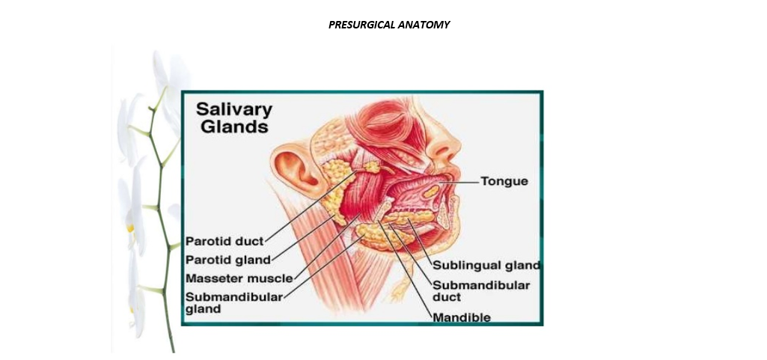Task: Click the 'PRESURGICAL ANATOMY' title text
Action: (x=389, y=25)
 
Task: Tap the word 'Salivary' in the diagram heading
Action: (x=234, y=109)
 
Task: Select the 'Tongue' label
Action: (x=504, y=181)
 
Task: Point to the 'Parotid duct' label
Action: (x=224, y=242)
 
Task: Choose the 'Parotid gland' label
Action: (x=227, y=260)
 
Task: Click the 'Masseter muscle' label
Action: (x=239, y=278)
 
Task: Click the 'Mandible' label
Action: (x=462, y=317)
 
